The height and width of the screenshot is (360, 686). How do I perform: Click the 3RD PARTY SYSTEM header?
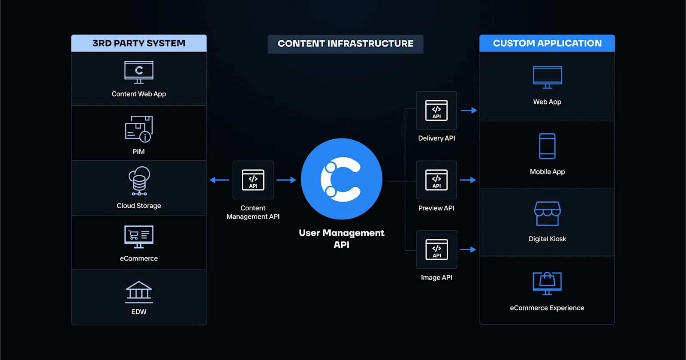tap(138, 43)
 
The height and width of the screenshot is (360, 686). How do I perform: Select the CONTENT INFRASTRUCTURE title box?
tap(345, 44)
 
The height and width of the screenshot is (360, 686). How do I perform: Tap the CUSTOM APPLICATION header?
tap(547, 43)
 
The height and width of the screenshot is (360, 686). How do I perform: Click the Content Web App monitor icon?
tap(138, 72)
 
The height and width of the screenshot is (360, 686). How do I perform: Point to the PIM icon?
tap(138, 129)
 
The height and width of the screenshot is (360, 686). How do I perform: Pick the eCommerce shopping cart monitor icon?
tap(138, 237)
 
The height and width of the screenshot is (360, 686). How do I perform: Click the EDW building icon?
tap(138, 292)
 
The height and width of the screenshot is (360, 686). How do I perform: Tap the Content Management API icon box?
tap(253, 180)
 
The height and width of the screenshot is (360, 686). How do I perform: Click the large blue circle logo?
tap(341, 179)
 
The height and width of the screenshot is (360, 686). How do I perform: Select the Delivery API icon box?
tap(436, 110)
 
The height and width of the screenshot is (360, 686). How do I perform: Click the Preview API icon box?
tap(436, 180)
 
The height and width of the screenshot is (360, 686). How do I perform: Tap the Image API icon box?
tap(436, 249)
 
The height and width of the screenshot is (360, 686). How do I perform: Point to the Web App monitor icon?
tap(547, 77)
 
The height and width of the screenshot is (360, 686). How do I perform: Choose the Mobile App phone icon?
tap(547, 146)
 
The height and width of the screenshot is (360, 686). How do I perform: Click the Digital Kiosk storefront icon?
tap(547, 213)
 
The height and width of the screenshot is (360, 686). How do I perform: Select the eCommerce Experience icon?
tap(547, 283)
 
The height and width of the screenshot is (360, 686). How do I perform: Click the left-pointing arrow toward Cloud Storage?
tap(220, 180)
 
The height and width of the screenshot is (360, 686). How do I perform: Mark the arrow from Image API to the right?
tap(468, 249)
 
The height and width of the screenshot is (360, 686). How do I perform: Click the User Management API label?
tap(341, 239)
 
